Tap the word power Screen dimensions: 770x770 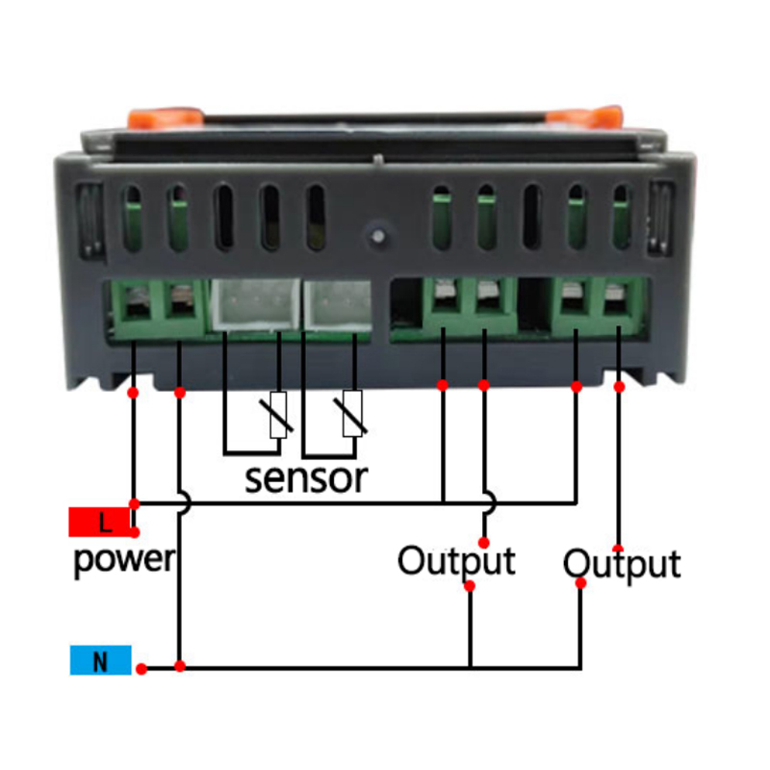point(123,558)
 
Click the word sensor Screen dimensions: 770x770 point(306,476)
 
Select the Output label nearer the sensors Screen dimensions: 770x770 point(456,559)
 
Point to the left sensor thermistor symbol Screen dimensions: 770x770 point(279,415)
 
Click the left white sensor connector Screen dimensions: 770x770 point(253,306)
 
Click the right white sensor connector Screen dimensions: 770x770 point(336,306)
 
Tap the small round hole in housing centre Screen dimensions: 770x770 point(377,234)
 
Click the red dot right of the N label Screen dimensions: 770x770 point(141,668)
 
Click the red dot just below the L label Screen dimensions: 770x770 point(135,531)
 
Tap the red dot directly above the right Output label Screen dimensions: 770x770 point(617,548)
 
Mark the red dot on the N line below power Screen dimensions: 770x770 point(179,666)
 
